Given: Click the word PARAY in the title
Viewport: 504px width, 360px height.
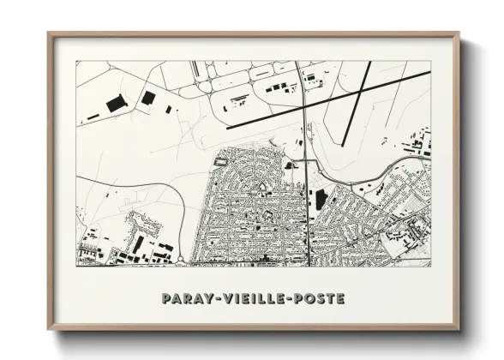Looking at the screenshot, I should [183, 299].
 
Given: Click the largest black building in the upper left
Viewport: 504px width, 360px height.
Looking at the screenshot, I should [116, 104].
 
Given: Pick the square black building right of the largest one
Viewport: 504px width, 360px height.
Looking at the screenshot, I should [147, 98].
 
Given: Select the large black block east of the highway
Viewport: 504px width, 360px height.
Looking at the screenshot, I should [321, 200].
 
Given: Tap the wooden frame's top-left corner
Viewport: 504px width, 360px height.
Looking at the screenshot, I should [49, 34].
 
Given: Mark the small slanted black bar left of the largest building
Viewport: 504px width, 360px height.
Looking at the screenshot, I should [93, 116].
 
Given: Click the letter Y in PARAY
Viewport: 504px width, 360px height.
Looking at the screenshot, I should [201, 299].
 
